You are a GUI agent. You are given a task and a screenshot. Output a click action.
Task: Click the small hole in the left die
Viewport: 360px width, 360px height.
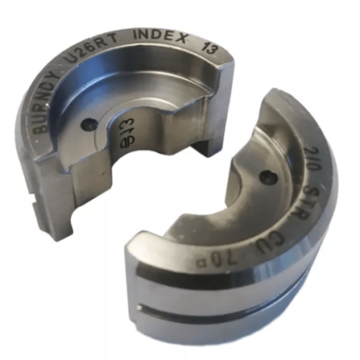(x=87, y=126)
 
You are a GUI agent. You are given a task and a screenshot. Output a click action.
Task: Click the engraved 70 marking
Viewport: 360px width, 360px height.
(x=259, y=254)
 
